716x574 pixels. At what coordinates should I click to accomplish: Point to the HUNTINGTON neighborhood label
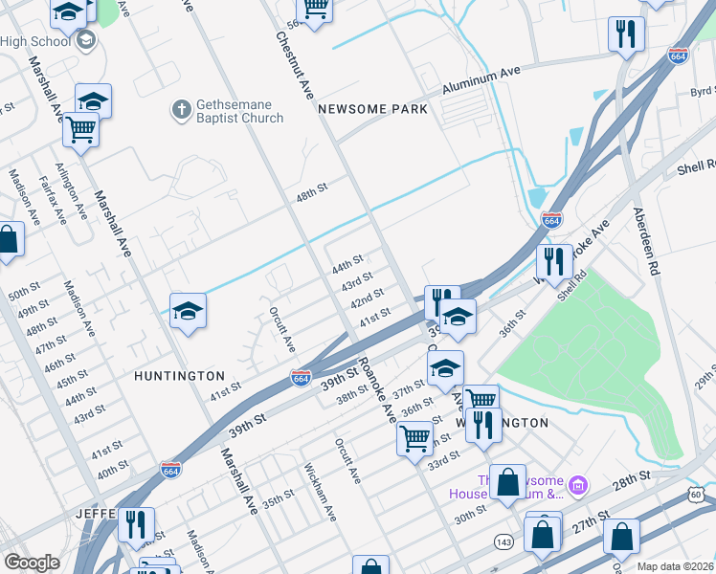tap(180, 376)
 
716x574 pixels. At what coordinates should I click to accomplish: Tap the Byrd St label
tap(702, 92)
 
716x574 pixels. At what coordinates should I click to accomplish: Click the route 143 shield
tap(502, 541)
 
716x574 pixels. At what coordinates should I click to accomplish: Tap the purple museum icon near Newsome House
tap(577, 487)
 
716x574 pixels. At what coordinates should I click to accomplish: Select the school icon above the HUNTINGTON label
tap(188, 310)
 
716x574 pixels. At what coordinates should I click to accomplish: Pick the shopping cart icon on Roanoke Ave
tap(414, 439)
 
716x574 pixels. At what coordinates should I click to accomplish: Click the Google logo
tap(32, 563)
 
